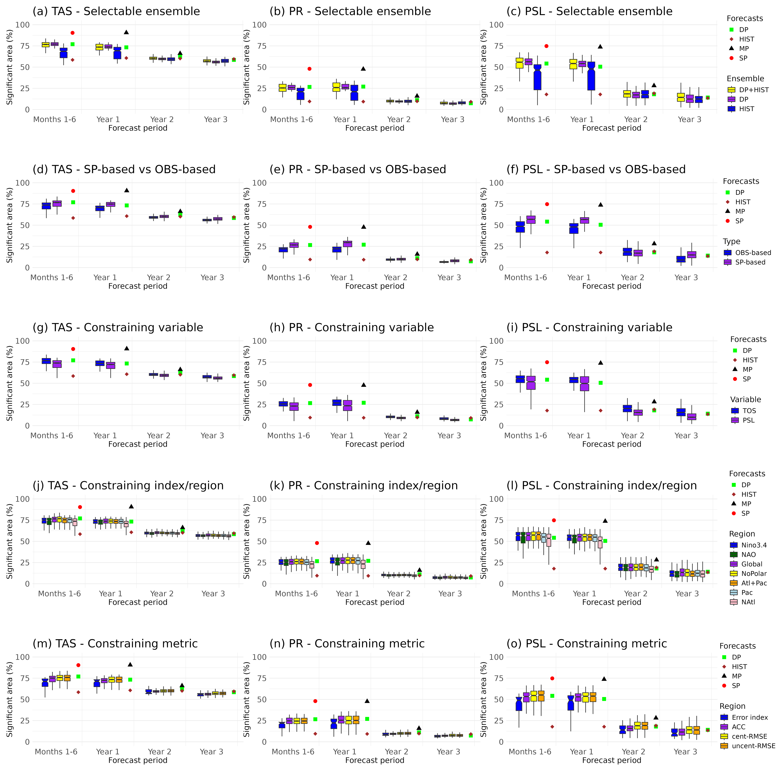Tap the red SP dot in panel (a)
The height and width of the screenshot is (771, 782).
[x=72, y=33]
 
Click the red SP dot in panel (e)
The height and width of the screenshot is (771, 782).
[x=310, y=227]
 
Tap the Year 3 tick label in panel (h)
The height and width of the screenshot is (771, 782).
[x=449, y=436]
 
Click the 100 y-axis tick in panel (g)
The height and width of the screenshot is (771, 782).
[x=22, y=341]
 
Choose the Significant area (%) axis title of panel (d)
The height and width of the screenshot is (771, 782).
[x=10, y=225]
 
